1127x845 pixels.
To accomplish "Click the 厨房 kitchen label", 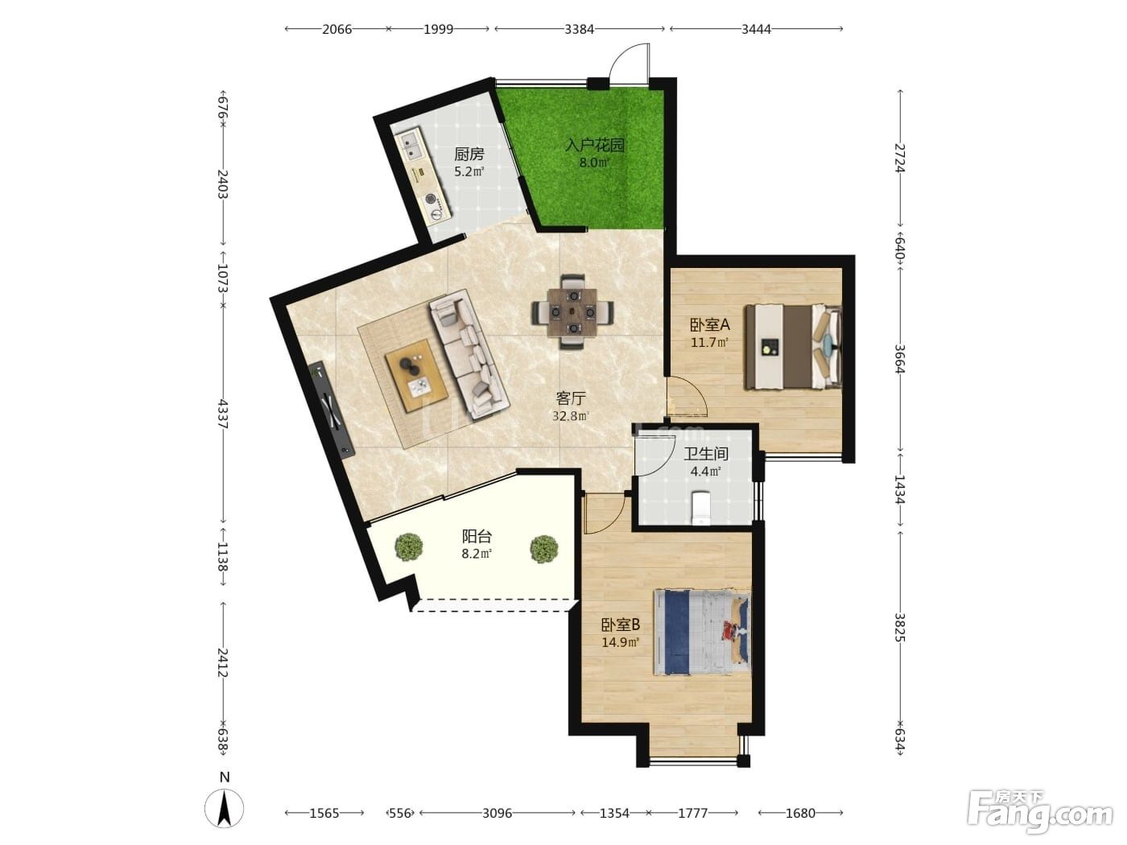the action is [x=469, y=154].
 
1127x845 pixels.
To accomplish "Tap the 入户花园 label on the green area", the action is [x=595, y=145].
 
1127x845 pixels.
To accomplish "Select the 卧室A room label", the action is [x=709, y=325].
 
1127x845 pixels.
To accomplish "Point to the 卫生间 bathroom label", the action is [x=706, y=454].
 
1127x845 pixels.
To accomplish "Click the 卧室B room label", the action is [x=621, y=625].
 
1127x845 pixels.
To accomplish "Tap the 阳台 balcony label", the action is [x=477, y=537].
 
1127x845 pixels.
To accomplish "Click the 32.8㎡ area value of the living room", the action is [x=571, y=416].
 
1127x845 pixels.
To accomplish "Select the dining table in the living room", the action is [x=572, y=312].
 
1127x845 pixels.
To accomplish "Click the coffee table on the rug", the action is [x=416, y=375].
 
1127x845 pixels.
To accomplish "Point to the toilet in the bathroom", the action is [x=701, y=508].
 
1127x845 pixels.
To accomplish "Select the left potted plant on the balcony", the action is [x=409, y=547].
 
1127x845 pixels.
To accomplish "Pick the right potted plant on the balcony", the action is [x=543, y=549].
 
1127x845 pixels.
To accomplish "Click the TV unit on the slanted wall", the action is [x=332, y=409].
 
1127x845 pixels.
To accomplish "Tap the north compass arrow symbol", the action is [x=225, y=809].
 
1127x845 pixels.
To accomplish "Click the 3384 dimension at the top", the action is [x=579, y=29].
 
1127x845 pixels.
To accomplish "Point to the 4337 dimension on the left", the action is [x=223, y=414].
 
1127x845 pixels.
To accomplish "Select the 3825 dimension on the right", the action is [x=899, y=628].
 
